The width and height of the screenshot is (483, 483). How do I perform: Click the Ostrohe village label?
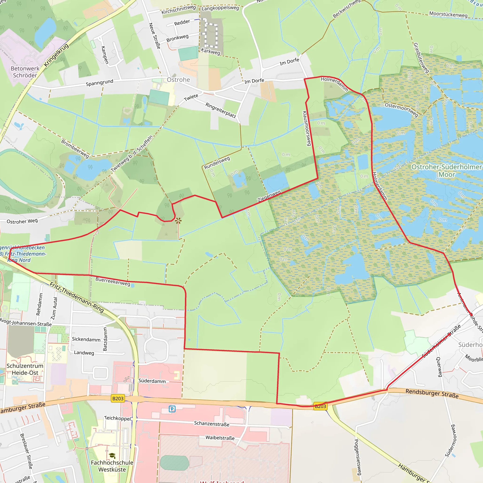(x=178, y=80)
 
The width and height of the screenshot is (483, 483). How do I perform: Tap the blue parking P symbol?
(x=172, y=409)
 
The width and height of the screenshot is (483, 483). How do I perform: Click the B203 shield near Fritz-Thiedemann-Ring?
(x=118, y=398)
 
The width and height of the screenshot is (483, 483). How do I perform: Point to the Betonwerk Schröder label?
(x=25, y=72)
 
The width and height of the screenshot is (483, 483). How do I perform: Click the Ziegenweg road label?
(x=269, y=196)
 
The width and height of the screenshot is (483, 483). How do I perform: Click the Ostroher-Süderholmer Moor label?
(x=446, y=171)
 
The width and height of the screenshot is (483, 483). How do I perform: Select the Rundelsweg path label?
(x=217, y=163)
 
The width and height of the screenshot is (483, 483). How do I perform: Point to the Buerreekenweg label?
(x=113, y=282)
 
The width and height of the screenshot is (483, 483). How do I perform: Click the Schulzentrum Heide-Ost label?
(x=25, y=369)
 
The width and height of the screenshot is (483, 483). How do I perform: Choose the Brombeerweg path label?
(x=75, y=149)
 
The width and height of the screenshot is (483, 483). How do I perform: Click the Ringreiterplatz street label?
(x=221, y=110)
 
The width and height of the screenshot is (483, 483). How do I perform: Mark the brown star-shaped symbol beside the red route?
(x=178, y=221)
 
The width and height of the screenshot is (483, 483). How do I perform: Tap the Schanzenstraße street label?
(x=212, y=424)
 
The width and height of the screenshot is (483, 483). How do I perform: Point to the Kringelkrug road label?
(x=56, y=55)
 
